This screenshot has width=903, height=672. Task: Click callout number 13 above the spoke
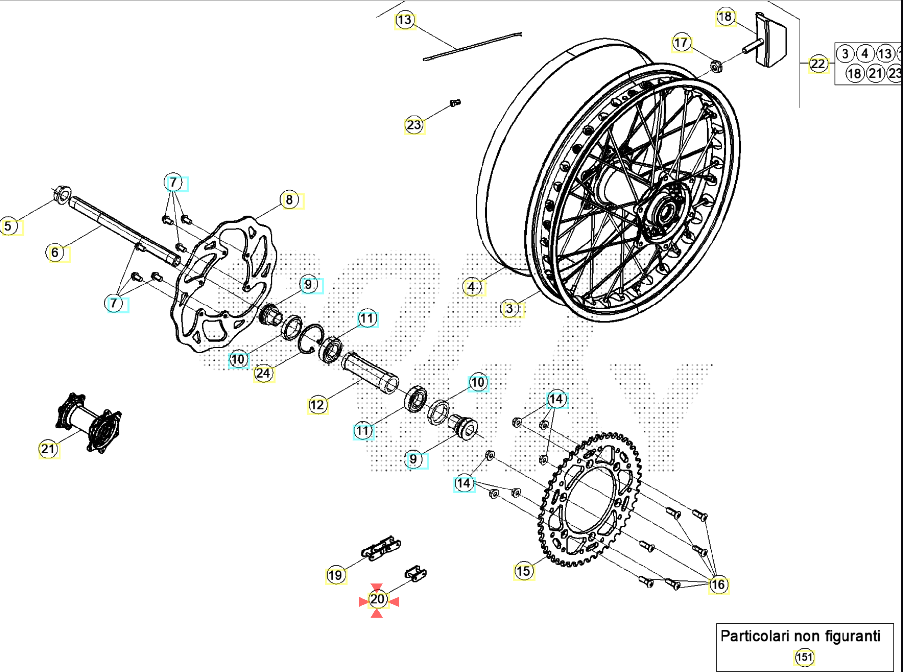point(405,20)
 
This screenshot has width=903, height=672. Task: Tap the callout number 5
point(8,226)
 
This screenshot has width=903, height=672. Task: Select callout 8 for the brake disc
point(289,200)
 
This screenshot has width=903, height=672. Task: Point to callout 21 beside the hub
point(48,449)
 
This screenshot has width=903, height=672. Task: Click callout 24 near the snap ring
point(263,373)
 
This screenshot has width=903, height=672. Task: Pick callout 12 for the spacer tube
point(317,405)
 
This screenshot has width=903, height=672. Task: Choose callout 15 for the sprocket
point(523,571)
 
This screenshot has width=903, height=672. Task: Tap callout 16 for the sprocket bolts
point(718,585)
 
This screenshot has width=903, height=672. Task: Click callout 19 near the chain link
point(335,575)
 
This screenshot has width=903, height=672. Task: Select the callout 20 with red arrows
point(377,600)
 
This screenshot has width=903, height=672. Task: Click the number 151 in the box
point(804,658)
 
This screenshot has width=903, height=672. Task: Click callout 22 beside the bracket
point(818,64)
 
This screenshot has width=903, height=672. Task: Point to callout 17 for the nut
point(681,43)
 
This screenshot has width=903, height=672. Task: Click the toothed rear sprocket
point(590,501)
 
